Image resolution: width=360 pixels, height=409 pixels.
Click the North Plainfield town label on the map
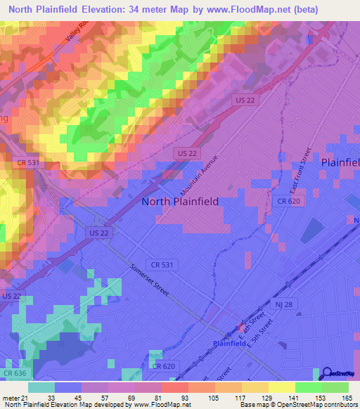(180, 202)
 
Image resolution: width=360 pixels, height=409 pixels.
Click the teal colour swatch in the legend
(41, 387)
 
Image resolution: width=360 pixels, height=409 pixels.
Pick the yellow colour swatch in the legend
(282, 387)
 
